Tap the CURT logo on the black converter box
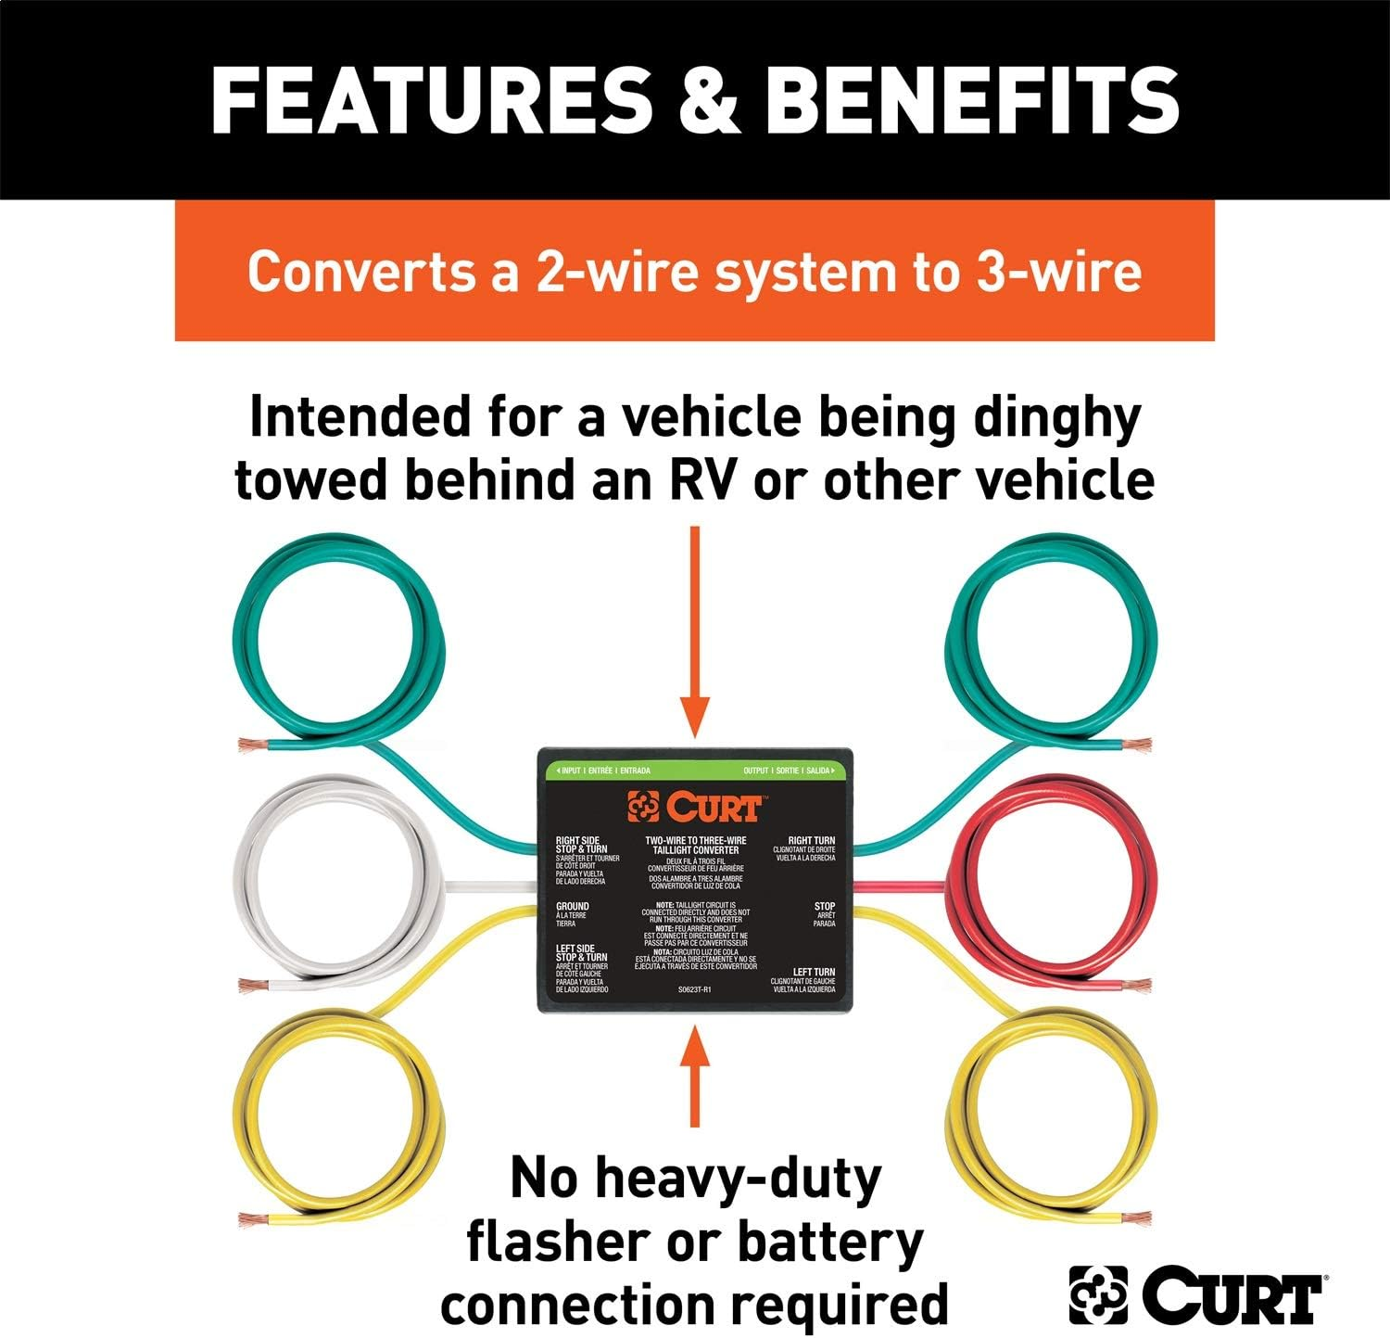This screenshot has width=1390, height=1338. coord(695,807)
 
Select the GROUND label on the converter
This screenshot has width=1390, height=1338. coord(572,906)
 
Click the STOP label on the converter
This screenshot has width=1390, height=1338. coord(824,906)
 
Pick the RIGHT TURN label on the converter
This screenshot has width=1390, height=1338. coord(811,840)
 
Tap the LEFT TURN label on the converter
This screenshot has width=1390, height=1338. coord(813,972)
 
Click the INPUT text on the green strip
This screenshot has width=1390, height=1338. coord(570,771)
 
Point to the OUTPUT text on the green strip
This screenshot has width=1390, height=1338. coord(755,771)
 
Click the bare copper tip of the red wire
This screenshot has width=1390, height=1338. coord(1138,984)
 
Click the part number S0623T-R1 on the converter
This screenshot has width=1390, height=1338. coord(694,989)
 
